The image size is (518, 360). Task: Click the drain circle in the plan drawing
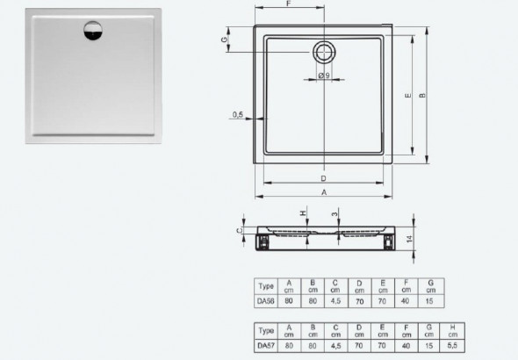pos(323,51)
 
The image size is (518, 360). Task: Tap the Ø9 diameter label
pos(324,76)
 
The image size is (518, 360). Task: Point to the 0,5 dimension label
pos(238,115)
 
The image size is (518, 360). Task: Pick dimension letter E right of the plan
pos(406,96)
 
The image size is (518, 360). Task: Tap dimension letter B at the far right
pos(423,96)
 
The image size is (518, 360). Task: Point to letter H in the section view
pos(302,212)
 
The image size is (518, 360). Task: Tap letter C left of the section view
pos(241,231)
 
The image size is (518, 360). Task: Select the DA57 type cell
pos(264,345)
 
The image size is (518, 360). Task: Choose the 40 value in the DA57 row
pos(406,345)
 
